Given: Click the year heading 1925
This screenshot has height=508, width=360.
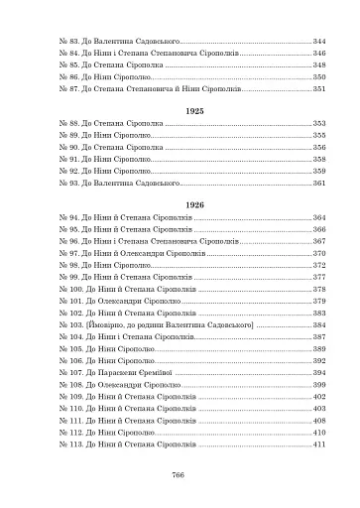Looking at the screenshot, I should click(180, 110).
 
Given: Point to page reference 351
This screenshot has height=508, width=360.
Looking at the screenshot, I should click(319, 88).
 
